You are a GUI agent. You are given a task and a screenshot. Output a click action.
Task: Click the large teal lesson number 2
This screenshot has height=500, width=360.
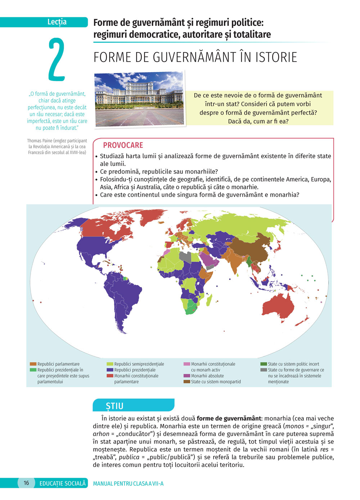tap(57, 59)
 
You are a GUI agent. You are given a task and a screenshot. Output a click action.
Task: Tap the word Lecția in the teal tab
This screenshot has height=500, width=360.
tap(57, 22)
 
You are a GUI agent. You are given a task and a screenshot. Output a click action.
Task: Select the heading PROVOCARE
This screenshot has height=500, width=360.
tap(123, 145)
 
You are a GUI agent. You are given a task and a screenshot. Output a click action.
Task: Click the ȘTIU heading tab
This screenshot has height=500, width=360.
tap(114, 406)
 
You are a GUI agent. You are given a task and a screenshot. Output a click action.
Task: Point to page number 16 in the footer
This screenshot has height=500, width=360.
tap(26, 483)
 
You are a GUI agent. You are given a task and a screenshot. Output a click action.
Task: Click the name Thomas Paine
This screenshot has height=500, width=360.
tap(39, 141)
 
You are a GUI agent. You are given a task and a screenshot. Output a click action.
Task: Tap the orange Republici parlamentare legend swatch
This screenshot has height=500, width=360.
tap(33, 364)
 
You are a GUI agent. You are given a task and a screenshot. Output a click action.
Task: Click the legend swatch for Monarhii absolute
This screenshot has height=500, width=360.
tap(187, 376)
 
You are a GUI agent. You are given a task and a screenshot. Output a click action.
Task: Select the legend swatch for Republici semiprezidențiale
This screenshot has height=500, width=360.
tap(110, 364)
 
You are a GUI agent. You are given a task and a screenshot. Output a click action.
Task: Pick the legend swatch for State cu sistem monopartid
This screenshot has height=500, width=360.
tap(187, 382)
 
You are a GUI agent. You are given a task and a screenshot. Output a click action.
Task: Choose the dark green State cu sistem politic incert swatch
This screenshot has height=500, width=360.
tap(264, 364)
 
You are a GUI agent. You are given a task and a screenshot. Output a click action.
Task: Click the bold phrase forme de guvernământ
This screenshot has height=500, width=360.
tap(229, 418)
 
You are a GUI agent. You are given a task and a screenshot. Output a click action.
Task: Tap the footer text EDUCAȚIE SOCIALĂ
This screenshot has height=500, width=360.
tap(63, 483)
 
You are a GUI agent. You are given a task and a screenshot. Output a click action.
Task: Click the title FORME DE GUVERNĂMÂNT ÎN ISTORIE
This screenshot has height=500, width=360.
tap(195, 58)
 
